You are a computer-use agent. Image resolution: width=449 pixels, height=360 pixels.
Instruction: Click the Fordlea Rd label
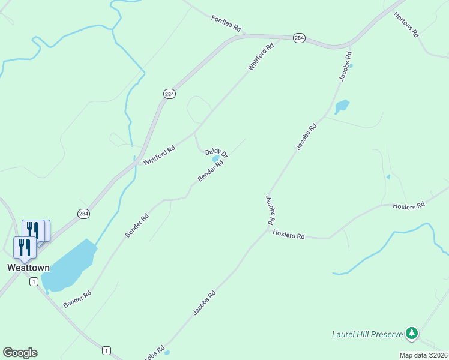(226, 24)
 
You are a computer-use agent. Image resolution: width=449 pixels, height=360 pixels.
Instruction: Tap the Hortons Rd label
(406, 25)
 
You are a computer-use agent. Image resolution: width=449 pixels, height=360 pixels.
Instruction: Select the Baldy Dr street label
(217, 153)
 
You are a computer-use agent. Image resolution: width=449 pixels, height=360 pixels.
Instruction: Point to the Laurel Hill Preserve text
(367, 334)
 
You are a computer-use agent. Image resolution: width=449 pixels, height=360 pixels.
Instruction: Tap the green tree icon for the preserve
(411, 332)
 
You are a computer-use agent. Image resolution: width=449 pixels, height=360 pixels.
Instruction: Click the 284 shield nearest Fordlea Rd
(300, 38)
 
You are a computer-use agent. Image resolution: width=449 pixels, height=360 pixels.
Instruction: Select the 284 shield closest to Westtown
(83, 214)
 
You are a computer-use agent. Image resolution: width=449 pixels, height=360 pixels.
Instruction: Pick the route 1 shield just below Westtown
(34, 281)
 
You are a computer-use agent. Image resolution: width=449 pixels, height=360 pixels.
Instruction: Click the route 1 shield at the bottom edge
(106, 350)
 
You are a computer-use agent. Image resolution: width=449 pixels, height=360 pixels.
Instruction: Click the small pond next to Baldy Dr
(215, 159)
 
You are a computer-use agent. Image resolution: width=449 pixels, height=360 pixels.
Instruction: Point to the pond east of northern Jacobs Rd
(342, 107)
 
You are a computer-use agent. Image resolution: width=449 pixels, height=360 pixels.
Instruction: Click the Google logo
(20, 353)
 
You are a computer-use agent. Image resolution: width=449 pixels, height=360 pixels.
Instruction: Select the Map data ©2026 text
(423, 355)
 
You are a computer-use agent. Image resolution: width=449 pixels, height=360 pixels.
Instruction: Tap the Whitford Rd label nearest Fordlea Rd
(261, 56)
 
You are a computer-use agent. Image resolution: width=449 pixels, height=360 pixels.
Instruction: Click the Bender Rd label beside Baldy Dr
(211, 172)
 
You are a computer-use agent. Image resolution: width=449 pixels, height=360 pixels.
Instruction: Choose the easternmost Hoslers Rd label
(408, 205)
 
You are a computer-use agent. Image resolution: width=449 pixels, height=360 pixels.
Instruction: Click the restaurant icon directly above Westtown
(24, 247)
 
